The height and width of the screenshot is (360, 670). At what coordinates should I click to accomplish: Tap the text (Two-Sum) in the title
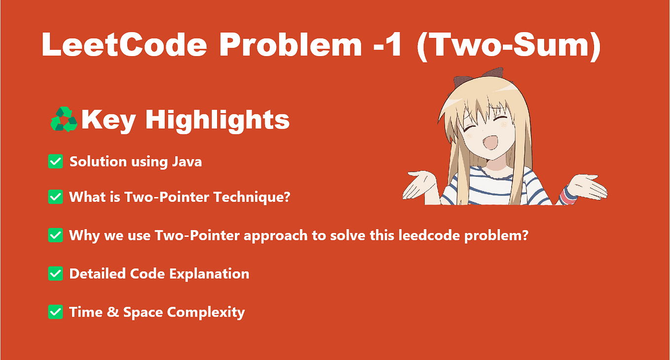coord(509,46)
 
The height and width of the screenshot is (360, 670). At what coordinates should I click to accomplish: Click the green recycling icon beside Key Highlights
coord(64,120)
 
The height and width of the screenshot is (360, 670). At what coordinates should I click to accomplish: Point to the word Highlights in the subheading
coord(217,120)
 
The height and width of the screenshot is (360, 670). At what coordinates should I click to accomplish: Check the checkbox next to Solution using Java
coord(55,162)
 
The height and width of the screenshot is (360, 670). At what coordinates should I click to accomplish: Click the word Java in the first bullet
coord(186,162)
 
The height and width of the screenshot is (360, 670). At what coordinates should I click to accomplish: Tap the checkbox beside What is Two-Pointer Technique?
coord(55,197)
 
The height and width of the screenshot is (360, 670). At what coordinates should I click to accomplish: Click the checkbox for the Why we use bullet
coord(55,235)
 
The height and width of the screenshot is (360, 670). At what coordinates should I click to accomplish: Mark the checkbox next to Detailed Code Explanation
coord(55,274)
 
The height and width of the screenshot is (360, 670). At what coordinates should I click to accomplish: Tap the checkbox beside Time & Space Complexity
coord(55,312)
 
